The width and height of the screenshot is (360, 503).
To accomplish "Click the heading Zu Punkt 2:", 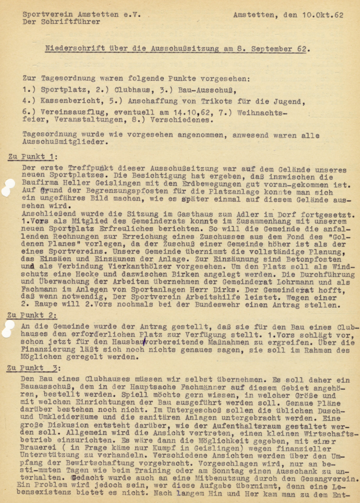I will [33, 315].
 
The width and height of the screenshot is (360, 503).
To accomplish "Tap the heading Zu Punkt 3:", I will [33, 368].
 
